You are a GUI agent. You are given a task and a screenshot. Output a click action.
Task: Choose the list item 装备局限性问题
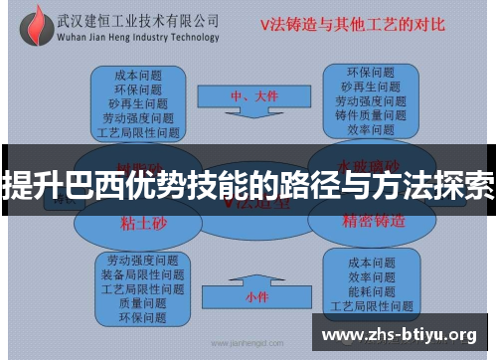[x=142, y=274]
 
